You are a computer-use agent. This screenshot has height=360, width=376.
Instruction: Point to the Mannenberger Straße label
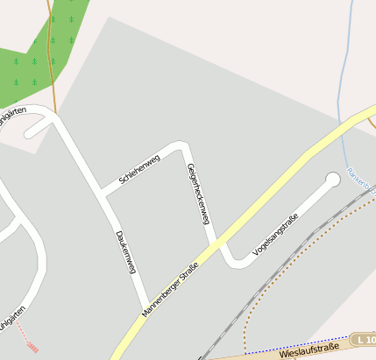tap(171, 288)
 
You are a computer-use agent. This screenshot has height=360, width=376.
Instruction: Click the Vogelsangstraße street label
tap(276, 234)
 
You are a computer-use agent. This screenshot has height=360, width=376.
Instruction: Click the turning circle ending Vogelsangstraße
tap(332, 180)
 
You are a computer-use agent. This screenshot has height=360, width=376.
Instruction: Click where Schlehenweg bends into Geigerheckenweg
tap(183, 145)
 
